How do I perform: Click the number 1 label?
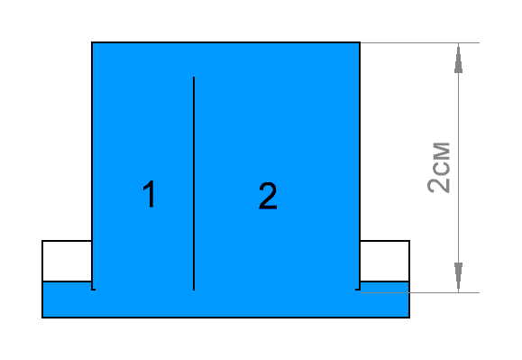tap(150, 195)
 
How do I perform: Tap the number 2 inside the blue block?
tap(267, 196)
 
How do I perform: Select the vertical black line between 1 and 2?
tap(194, 180)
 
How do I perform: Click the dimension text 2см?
tap(439, 167)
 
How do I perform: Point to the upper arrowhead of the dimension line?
tap(459, 60)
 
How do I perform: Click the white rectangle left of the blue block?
tap(67, 261)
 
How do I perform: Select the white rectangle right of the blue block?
tap(385, 261)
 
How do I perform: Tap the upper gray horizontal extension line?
tap(419, 42)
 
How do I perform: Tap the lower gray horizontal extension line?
tap(419, 291)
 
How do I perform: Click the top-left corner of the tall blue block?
tap(92, 42)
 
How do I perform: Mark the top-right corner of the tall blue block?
tap(360, 42)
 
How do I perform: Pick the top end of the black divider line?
tap(194, 78)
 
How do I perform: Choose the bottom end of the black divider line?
tap(194, 289)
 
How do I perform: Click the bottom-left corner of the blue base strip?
tap(43, 317)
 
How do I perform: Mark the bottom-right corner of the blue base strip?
tap(409, 317)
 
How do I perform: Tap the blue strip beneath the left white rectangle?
tap(67, 299)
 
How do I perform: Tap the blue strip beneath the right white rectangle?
tap(385, 299)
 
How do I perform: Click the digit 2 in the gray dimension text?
tap(439, 184)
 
